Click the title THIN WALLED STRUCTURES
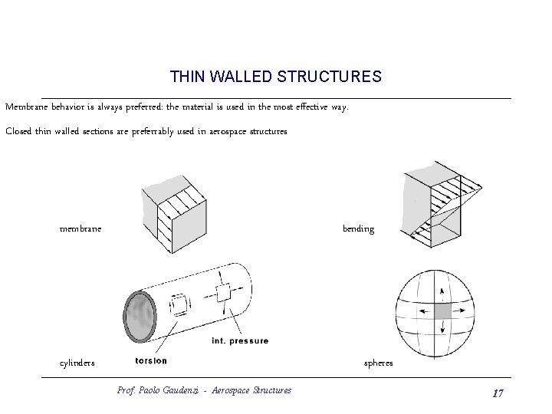pos(275,77)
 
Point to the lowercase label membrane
pos(80,228)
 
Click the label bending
pos(358,228)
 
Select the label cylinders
pos(77,363)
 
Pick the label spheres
pos(378,363)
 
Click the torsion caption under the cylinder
pos(150,360)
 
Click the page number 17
pos(498,393)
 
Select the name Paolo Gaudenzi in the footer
pos(164,390)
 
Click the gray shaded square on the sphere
pos(442,310)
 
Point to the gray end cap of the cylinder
pos(138,317)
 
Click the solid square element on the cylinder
pos(223,294)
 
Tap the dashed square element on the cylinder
pos(182,304)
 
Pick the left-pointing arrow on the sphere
pos(422,311)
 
